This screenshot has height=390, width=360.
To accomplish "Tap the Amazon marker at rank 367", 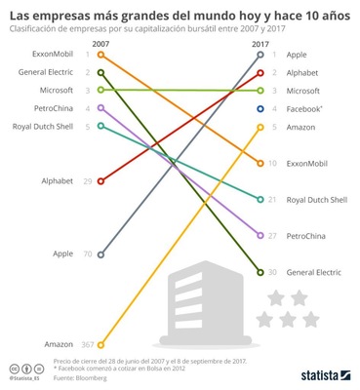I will pos(100,344).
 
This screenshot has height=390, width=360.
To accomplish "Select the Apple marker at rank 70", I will pos(100,253).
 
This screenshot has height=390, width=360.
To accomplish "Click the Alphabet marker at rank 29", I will pos(100,180).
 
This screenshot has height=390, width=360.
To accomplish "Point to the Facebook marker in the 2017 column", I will pos(260,108).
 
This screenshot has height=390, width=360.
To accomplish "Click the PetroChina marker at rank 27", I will pos(260,236).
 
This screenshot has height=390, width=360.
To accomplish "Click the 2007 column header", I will pos(100,44).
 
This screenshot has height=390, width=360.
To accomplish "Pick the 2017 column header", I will pos(260,44).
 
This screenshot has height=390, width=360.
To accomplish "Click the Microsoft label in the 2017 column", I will pos(302,90).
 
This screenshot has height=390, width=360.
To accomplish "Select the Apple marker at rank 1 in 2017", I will pos(260,55).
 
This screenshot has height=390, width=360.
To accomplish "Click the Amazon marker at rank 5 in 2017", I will pos(260,127).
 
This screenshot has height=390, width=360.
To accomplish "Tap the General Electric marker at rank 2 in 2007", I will pos(100,72).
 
